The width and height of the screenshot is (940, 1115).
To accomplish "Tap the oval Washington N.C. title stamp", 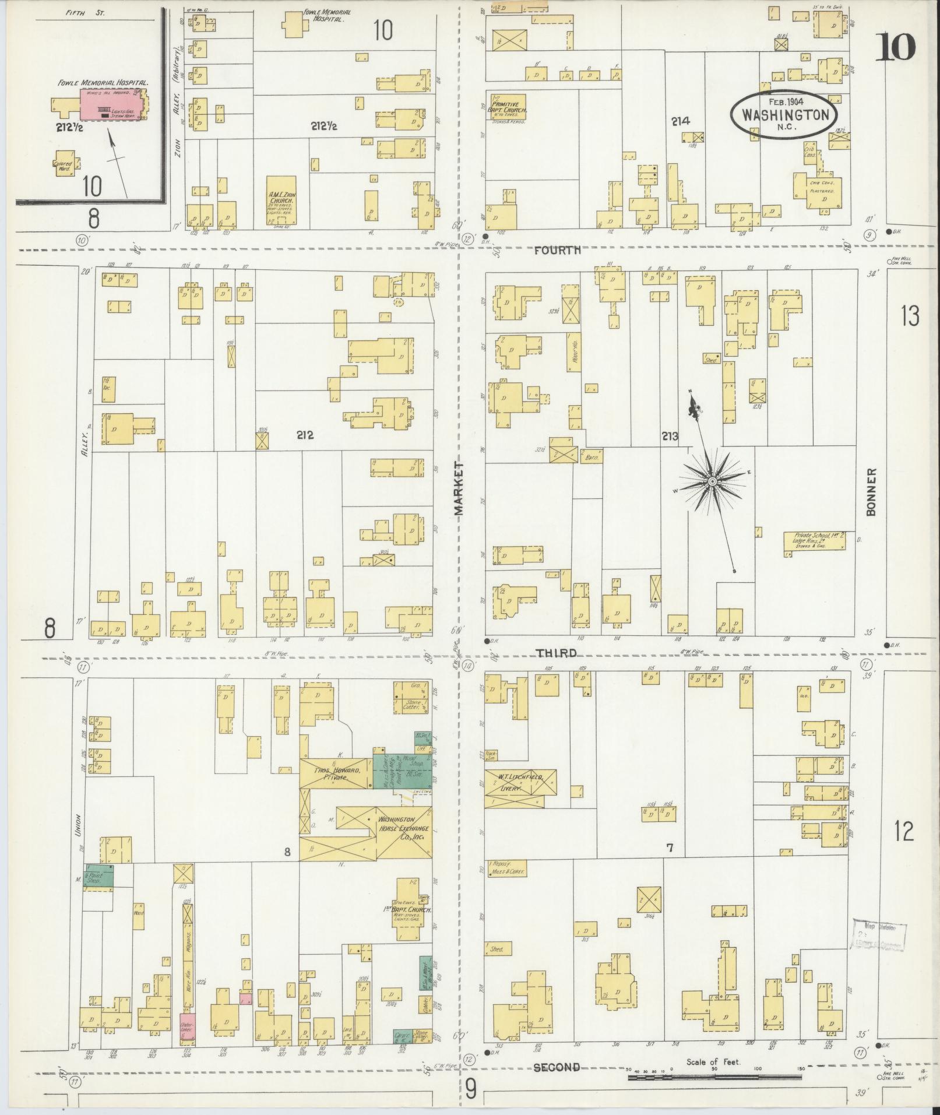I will tap(784, 114).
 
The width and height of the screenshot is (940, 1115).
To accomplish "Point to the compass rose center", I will tap(712, 481).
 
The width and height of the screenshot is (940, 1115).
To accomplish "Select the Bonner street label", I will tap(871, 492).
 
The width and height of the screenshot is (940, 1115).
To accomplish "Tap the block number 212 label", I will tap(305, 434).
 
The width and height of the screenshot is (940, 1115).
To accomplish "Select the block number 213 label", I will tap(670, 436).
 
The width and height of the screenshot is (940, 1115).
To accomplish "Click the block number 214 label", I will tap(680, 121).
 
